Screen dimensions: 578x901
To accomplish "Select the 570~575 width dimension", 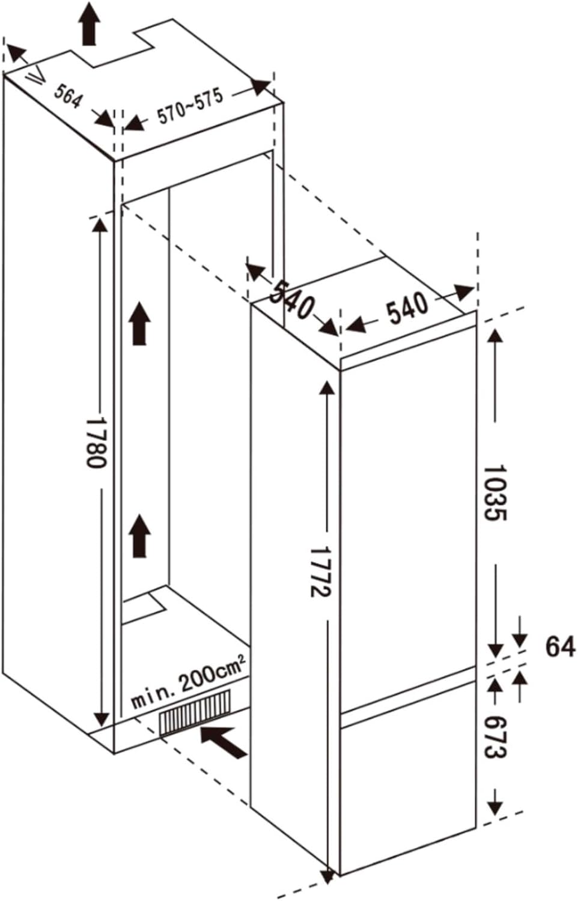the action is click(x=190, y=106).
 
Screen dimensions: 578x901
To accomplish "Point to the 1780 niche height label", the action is click(x=97, y=443).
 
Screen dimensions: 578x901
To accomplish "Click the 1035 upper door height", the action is click(x=494, y=493).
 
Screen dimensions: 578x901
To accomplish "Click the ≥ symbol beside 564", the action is click(x=36, y=74).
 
